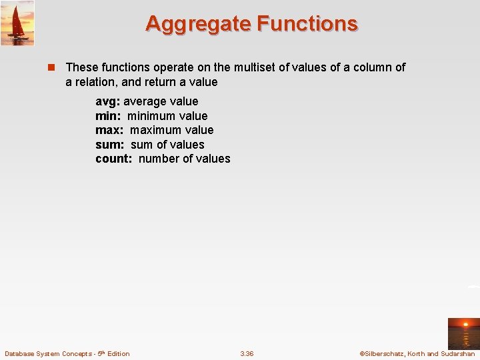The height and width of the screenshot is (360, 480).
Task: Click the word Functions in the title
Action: (x=307, y=23)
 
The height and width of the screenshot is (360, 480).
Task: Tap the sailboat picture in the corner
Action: (x=17, y=23)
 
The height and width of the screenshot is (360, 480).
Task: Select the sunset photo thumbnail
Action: (x=463, y=333)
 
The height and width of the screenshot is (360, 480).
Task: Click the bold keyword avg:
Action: (x=107, y=101)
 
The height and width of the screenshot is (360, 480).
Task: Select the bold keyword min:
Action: (x=108, y=116)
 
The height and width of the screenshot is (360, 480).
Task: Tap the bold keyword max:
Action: (x=109, y=130)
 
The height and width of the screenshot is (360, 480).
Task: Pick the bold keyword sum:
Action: (x=110, y=145)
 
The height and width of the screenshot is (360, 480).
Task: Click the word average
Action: (x=145, y=101)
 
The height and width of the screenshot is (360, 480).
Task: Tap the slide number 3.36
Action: (x=247, y=353)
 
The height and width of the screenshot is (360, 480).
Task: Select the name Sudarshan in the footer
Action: (x=458, y=353)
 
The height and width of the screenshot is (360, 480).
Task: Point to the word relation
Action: (x=97, y=82)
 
